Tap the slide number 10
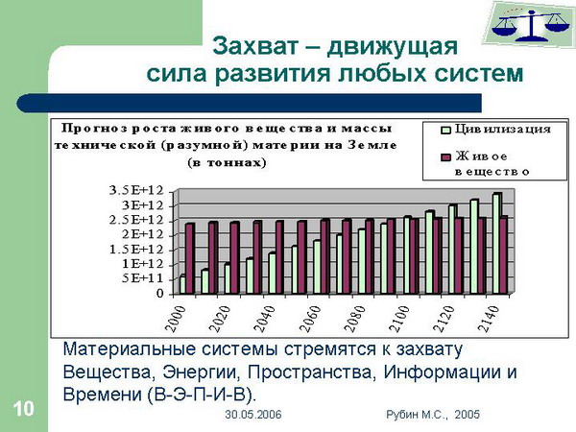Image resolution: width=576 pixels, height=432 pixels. (x=23, y=409)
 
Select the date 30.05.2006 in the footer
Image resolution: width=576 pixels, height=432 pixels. (x=253, y=415)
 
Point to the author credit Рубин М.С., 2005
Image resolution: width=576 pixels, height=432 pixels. (x=433, y=415)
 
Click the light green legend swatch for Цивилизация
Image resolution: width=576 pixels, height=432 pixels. (x=445, y=130)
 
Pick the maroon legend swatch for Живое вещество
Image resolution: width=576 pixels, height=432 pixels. (x=445, y=157)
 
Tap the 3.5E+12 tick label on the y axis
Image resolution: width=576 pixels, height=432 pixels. (x=136, y=190)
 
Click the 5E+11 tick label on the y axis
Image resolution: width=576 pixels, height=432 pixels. (x=142, y=278)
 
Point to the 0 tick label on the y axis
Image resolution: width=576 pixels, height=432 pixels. (x=159, y=294)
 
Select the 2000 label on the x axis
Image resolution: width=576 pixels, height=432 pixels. (x=177, y=319)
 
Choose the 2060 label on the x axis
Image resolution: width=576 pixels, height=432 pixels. (x=310, y=319)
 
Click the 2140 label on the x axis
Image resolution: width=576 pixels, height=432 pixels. (x=490, y=319)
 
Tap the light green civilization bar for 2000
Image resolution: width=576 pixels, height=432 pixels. (x=182, y=284)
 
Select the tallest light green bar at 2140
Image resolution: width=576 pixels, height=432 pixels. (x=496, y=243)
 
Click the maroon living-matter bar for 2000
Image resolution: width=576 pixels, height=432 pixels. (x=190, y=258)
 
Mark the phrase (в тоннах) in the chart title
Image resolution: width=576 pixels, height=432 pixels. (x=227, y=163)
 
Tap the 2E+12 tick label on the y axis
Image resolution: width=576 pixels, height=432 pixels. (x=142, y=234)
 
